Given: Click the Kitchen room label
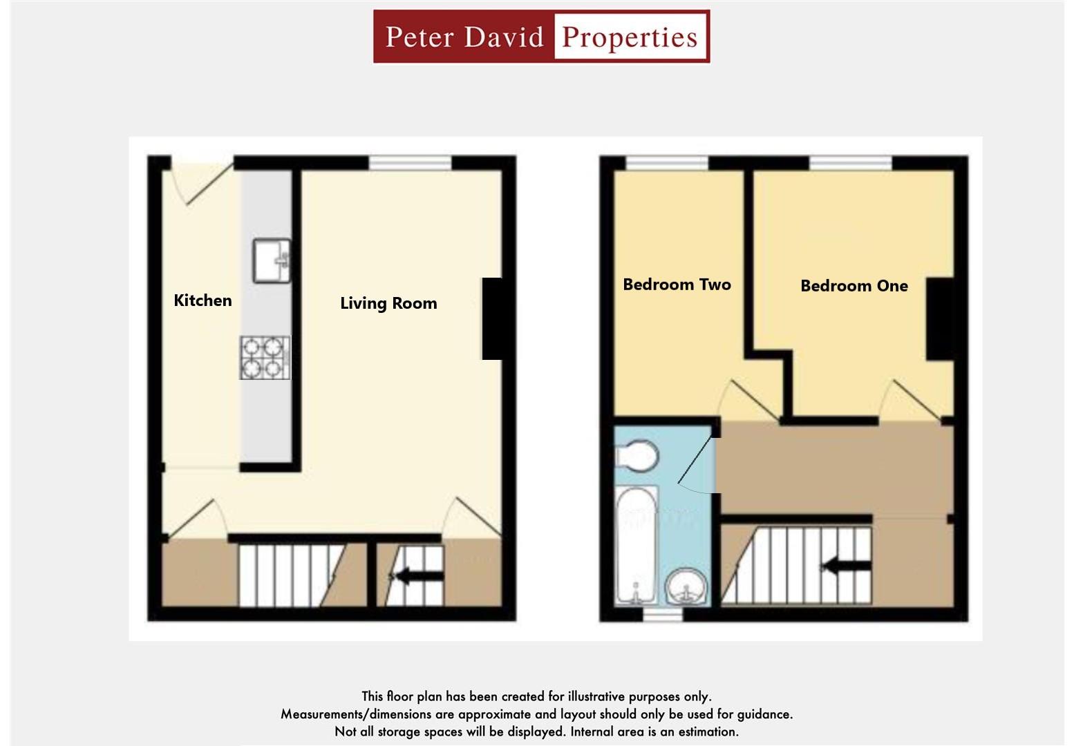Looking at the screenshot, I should coord(202,300).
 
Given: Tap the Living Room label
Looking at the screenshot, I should coord(388,303).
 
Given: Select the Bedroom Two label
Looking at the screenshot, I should coord(677,285).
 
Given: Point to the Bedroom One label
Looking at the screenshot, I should coord(854,286).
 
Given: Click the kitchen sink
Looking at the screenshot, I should coord(271,260).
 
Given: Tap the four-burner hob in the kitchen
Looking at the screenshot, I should coord(265,358).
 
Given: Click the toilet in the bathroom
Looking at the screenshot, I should coord(637,456).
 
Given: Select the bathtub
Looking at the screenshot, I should coord(637,545).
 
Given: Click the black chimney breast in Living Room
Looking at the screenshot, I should coord(491,318).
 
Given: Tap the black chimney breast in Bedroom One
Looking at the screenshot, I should coord(939,318).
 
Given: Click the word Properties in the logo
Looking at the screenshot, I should coord(630,37).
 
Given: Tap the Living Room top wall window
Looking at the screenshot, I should coord(410,163).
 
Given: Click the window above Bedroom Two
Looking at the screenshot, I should coord(667,163).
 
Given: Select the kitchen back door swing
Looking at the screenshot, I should coord(204,184).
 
